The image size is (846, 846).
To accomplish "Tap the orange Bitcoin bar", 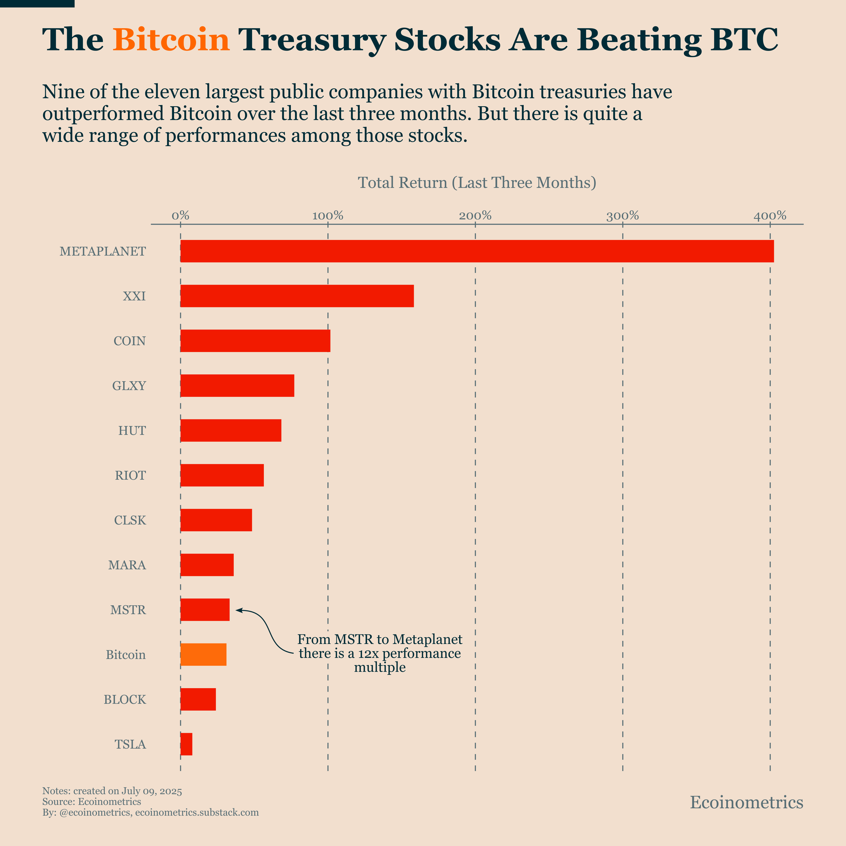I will coord(203,655).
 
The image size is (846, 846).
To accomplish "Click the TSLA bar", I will coord(186,744).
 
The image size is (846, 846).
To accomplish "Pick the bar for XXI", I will coord(297,296).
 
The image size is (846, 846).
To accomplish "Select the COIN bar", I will coord(255,341).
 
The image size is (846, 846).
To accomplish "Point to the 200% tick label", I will coord(475,215).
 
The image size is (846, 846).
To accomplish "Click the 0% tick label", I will coord(181,215).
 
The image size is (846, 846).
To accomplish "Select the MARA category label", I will coord(127,565).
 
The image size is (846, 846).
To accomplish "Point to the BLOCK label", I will coord(125,699).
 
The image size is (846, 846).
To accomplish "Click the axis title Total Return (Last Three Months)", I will coord(477,183).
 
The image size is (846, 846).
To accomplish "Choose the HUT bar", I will coord(231,431).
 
